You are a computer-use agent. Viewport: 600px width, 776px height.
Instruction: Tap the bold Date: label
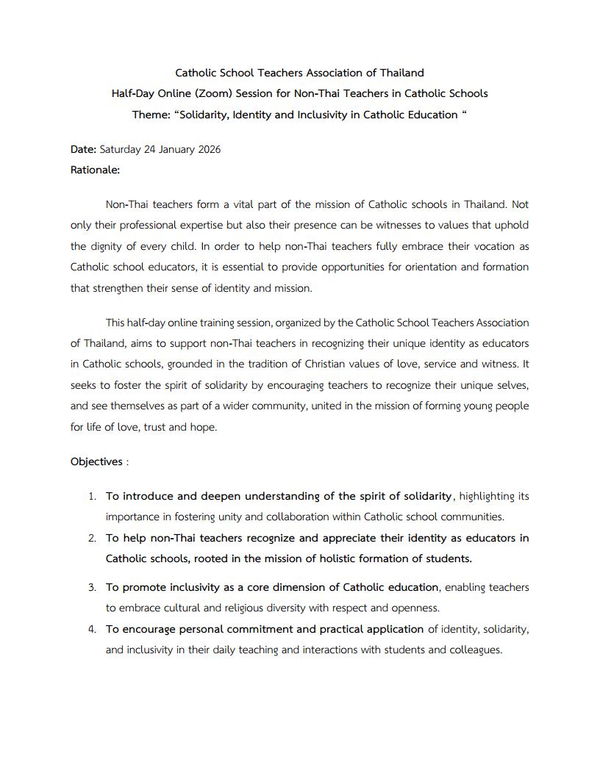(x=83, y=149)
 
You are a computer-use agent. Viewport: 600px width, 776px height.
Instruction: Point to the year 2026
(x=207, y=149)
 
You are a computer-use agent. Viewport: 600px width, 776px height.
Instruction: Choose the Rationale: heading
(x=95, y=170)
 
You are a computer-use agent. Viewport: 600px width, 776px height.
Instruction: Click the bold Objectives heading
(x=96, y=461)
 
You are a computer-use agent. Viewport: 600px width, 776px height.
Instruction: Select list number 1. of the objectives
(x=92, y=496)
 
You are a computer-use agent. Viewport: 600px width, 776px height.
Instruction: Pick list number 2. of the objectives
(x=92, y=538)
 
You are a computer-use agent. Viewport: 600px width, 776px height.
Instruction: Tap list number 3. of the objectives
(x=92, y=587)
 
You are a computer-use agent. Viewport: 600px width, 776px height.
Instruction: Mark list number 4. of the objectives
(x=92, y=629)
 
